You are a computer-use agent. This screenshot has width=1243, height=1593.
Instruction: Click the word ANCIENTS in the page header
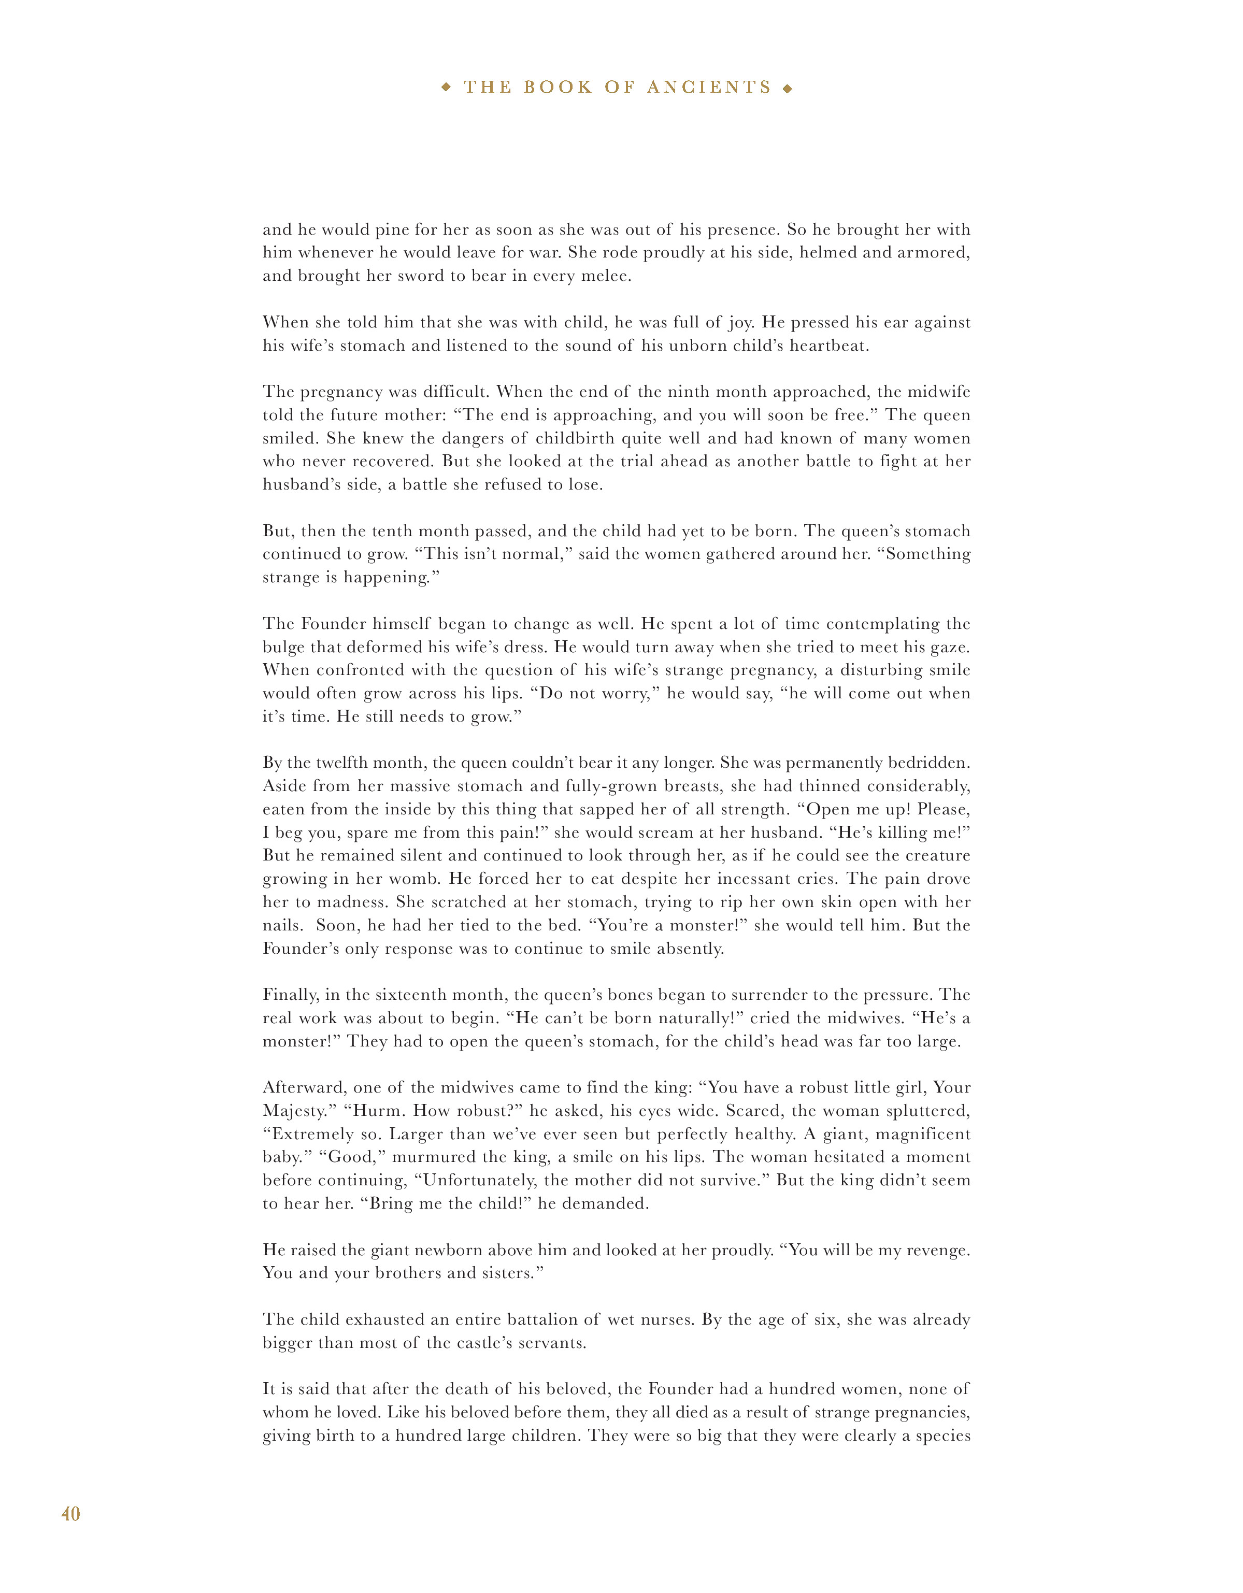pyautogui.click(x=709, y=88)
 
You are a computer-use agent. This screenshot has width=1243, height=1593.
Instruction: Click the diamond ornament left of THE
pyautogui.click(x=447, y=88)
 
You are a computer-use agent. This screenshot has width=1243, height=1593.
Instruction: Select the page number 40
pyautogui.click(x=71, y=1514)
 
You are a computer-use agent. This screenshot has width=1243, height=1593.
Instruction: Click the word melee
pyautogui.click(x=606, y=276)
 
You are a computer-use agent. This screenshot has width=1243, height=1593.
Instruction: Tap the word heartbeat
pyautogui.click(x=828, y=346)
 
